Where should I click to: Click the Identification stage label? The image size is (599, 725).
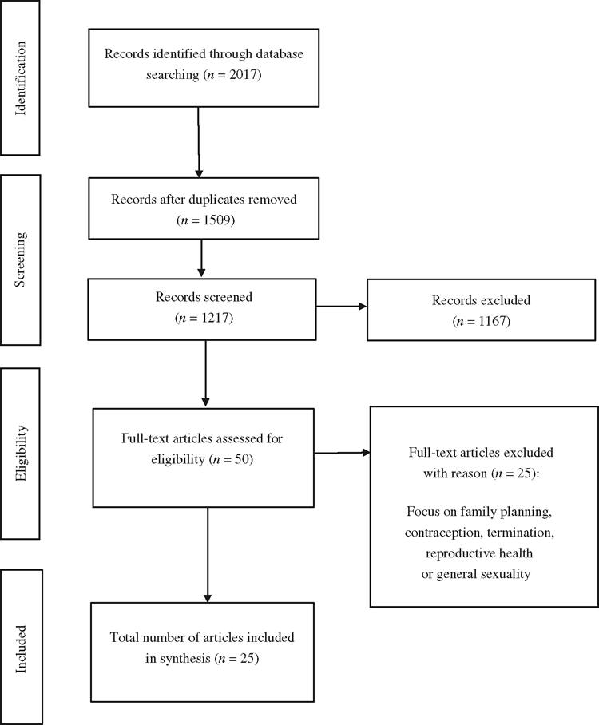click(x=21, y=78)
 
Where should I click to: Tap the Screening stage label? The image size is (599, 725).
click(x=21, y=259)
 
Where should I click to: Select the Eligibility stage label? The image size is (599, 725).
click(x=21, y=454)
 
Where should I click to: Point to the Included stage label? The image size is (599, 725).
click(x=21, y=649)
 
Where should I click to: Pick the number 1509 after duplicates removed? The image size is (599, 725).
click(x=217, y=220)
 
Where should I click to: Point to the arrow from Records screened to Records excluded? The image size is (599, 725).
click(x=341, y=306)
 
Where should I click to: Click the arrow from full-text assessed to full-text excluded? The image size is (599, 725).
click(x=343, y=453)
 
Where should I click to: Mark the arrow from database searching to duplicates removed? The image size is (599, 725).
click(x=199, y=142)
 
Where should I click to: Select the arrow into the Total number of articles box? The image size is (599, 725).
click(x=208, y=555)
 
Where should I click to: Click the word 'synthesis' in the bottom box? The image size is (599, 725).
click(x=185, y=659)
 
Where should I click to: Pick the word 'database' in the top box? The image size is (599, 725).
click(x=280, y=53)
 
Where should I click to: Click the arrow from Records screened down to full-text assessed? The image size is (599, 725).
click(x=206, y=374)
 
